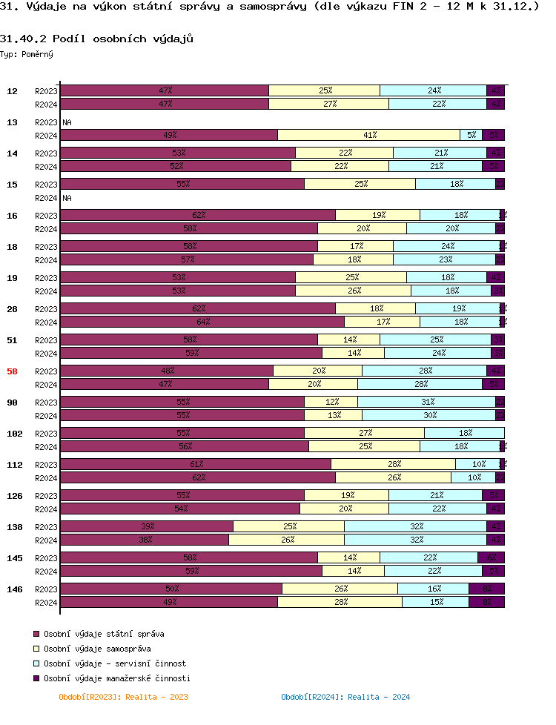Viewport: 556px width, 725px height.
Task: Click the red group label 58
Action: coord(12,371)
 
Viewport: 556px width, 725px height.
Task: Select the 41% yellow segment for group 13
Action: coord(368,135)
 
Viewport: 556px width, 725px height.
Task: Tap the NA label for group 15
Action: coord(67,198)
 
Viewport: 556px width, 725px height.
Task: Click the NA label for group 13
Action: coord(67,122)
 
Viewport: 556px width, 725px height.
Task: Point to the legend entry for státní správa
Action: coord(99,634)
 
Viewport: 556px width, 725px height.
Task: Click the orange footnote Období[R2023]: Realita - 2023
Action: coord(123,697)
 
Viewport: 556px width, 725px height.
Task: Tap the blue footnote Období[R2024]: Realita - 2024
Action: coord(345,697)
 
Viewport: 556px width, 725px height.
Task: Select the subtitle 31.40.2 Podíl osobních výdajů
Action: coord(96,39)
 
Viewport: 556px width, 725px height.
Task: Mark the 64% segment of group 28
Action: coord(202,322)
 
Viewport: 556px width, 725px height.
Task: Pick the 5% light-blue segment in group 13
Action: coord(471,135)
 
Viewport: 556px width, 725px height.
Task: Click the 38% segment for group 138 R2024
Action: coord(145,540)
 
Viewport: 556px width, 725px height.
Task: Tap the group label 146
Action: coord(14,589)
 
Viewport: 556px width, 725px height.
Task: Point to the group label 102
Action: coord(14,434)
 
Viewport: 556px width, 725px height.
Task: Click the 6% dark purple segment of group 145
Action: coord(491,557)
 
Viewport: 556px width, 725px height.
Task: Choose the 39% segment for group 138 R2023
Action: coord(147,526)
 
